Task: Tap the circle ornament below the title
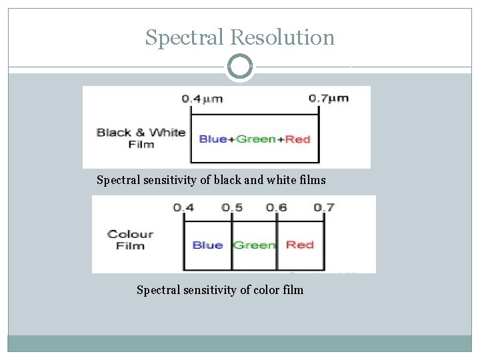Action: pyautogui.click(x=240, y=67)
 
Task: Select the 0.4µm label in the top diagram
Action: pyautogui.click(x=202, y=99)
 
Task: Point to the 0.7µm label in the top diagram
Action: pyautogui.click(x=329, y=99)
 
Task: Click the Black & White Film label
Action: pyautogui.click(x=140, y=137)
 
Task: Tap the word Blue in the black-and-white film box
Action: pyautogui.click(x=213, y=139)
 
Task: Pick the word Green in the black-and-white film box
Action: pyautogui.click(x=256, y=139)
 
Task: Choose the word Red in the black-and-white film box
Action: pyautogui.click(x=298, y=139)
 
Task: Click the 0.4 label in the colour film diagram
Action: pyautogui.click(x=184, y=207)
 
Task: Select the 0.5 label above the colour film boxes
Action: pyautogui.click(x=232, y=207)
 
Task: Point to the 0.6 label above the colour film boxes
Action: pyautogui.click(x=276, y=207)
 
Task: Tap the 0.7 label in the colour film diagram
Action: pyautogui.click(x=323, y=207)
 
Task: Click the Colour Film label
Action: pyautogui.click(x=131, y=239)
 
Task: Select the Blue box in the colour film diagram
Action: pyautogui.click(x=207, y=245)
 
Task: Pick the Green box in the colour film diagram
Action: pyautogui.click(x=254, y=245)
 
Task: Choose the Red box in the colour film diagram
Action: pyautogui.click(x=300, y=245)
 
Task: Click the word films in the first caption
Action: pyautogui.click(x=312, y=180)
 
